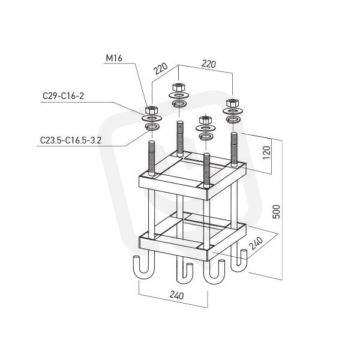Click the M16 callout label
coord(114,58)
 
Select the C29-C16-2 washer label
coord(64,96)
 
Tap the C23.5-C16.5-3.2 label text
coord(71,140)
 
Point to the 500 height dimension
coord(277,211)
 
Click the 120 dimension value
coord(266,152)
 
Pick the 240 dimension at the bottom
coord(177,295)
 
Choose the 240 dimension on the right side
coord(256,243)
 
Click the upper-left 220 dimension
coord(160,68)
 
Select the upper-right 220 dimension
coord(209,64)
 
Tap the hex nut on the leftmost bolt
coord(151,110)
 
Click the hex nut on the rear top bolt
coord(179,87)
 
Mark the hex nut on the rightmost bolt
coord(233,103)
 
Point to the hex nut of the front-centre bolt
coord(205,121)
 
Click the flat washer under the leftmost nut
coord(152,118)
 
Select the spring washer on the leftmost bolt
coord(152,126)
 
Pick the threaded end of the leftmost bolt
coord(152,158)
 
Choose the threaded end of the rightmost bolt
coord(234,149)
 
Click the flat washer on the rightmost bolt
coord(233,111)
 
